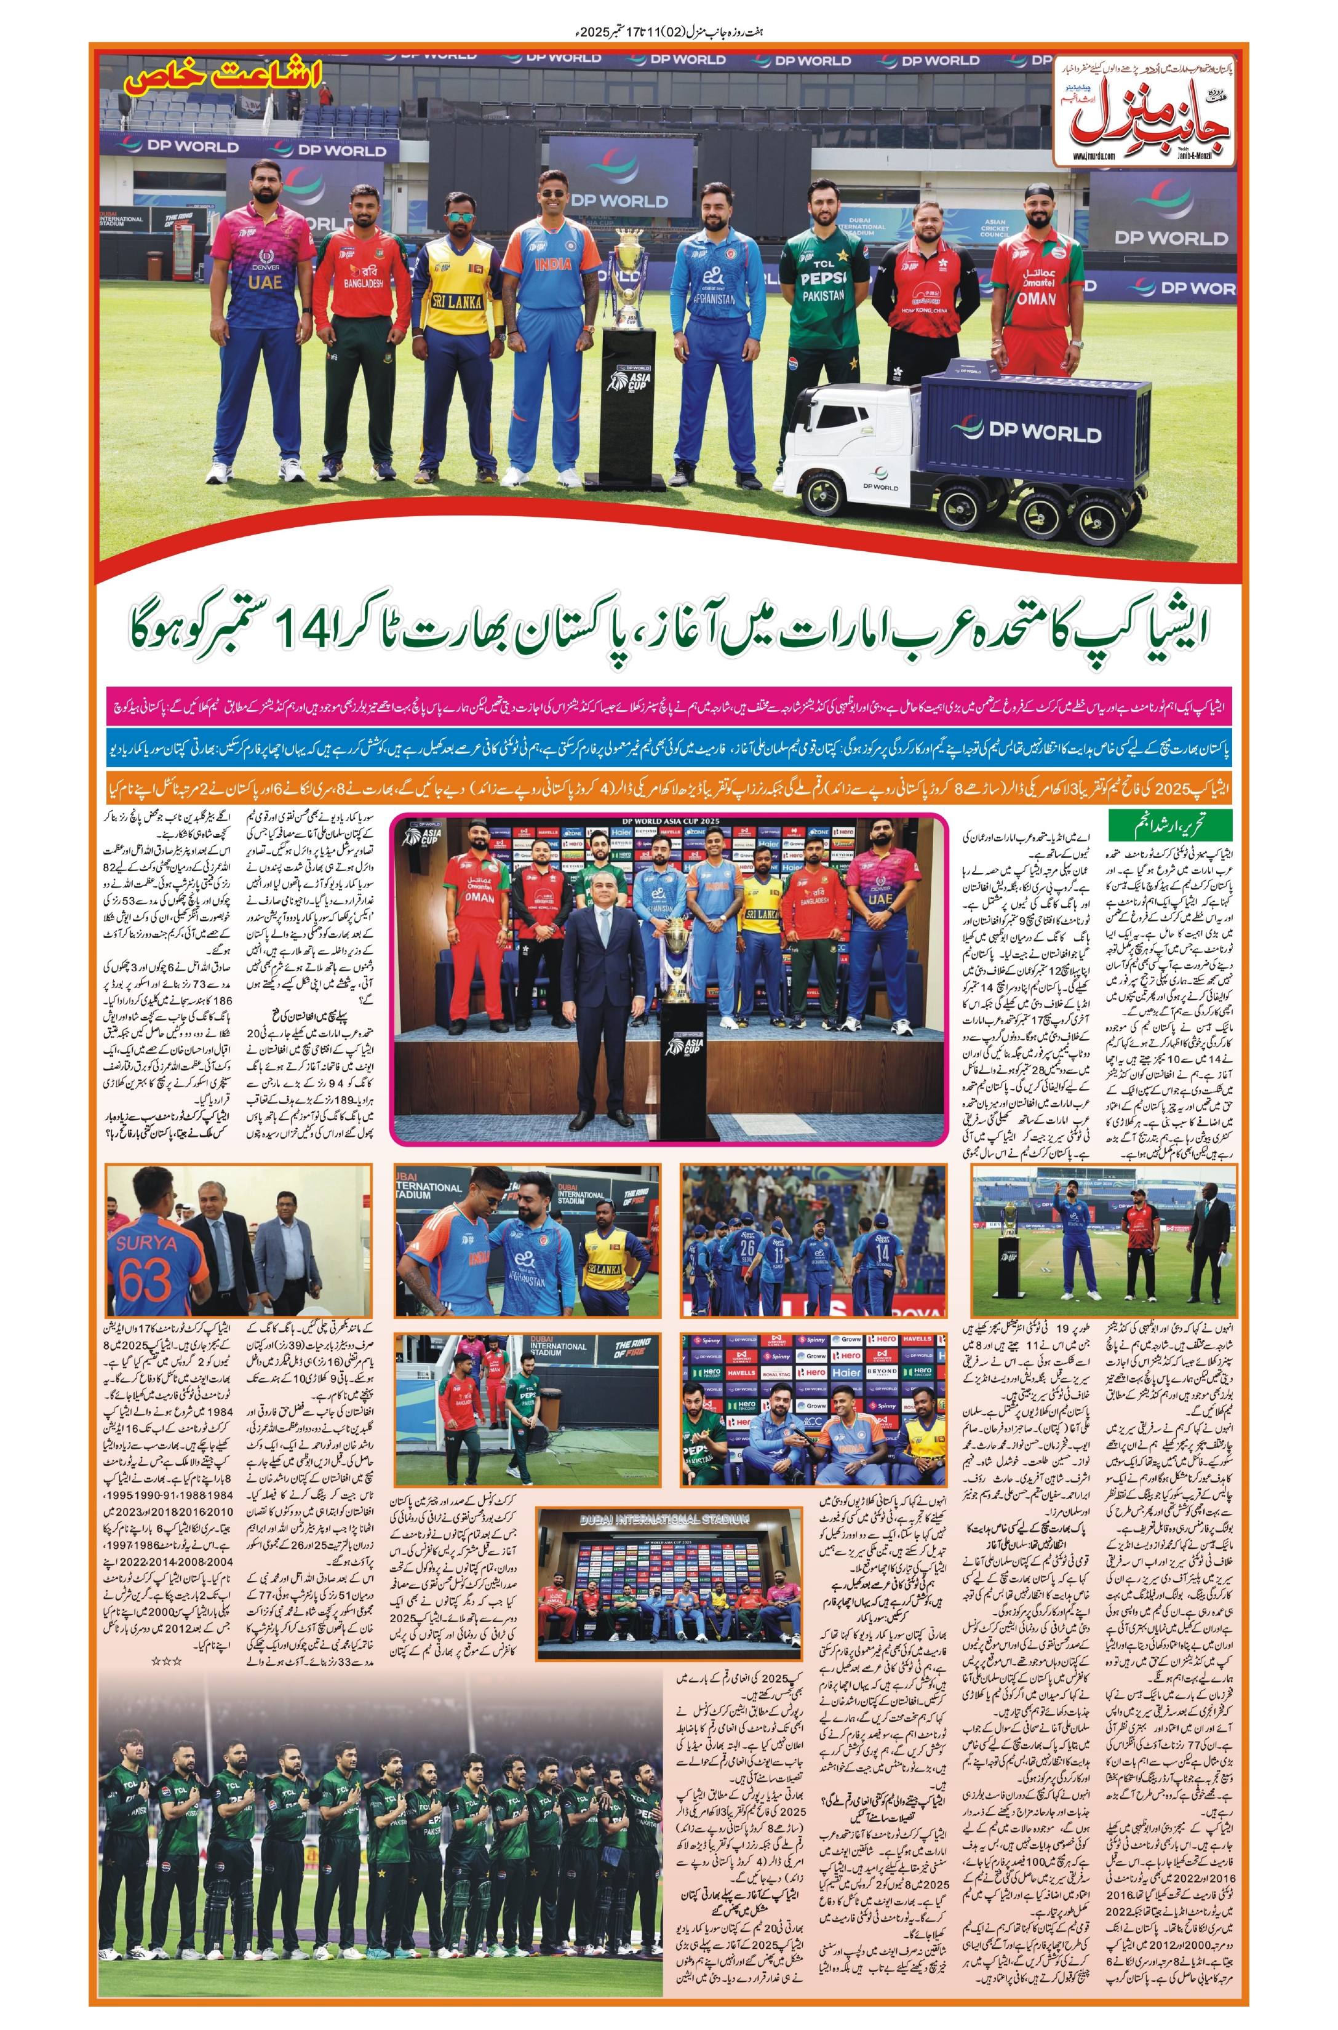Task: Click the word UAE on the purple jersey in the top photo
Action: (265, 282)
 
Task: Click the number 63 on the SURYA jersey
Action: (154, 1281)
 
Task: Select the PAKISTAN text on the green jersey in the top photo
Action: (822, 295)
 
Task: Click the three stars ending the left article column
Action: (166, 1660)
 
